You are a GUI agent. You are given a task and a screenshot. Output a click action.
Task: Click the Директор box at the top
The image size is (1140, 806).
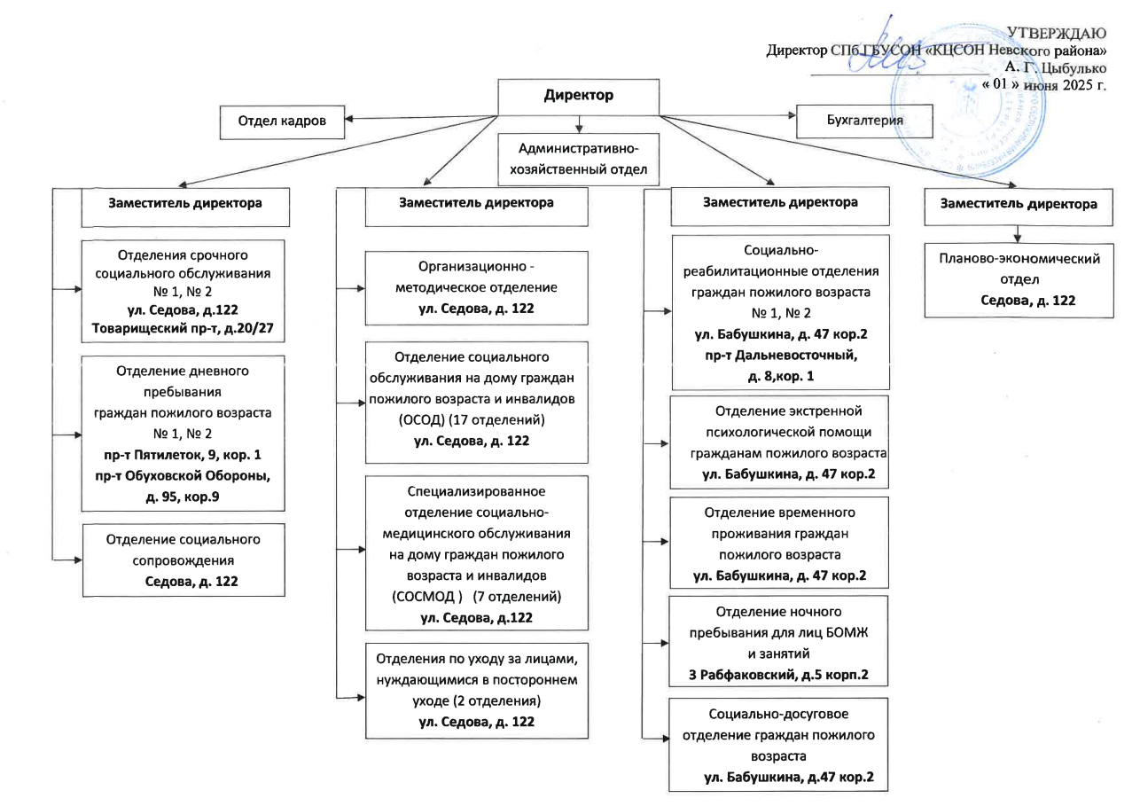578,97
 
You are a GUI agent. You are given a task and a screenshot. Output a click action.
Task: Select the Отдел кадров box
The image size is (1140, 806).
282,122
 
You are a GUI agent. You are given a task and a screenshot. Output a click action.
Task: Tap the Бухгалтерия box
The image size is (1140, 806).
864,121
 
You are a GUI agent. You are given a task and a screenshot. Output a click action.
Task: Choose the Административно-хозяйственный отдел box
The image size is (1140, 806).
578,160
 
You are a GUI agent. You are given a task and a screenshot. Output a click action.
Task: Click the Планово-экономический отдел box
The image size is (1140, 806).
1019,280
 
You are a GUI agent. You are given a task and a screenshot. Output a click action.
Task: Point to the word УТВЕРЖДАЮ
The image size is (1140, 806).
1057,33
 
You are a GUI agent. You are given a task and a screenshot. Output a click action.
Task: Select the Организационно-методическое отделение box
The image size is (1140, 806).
476,287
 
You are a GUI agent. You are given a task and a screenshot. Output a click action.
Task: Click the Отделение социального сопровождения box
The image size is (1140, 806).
183,560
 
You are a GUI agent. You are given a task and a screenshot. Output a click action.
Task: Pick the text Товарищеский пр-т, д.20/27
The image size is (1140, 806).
183,328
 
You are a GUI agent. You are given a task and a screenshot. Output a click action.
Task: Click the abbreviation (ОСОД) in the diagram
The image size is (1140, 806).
420,420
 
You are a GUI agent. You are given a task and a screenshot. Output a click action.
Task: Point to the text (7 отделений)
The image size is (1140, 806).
517,596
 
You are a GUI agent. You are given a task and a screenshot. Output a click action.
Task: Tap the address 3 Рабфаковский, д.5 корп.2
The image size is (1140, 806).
778,675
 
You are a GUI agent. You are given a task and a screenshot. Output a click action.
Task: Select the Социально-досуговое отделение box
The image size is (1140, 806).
778,745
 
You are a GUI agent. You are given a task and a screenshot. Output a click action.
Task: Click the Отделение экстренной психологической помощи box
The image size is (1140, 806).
779,442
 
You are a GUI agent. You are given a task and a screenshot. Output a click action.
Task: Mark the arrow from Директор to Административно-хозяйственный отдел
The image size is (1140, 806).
579,124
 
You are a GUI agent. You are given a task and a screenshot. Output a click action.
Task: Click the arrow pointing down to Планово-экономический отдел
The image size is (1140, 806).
1018,234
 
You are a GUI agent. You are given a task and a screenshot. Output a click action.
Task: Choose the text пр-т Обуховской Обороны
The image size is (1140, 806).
183,475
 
